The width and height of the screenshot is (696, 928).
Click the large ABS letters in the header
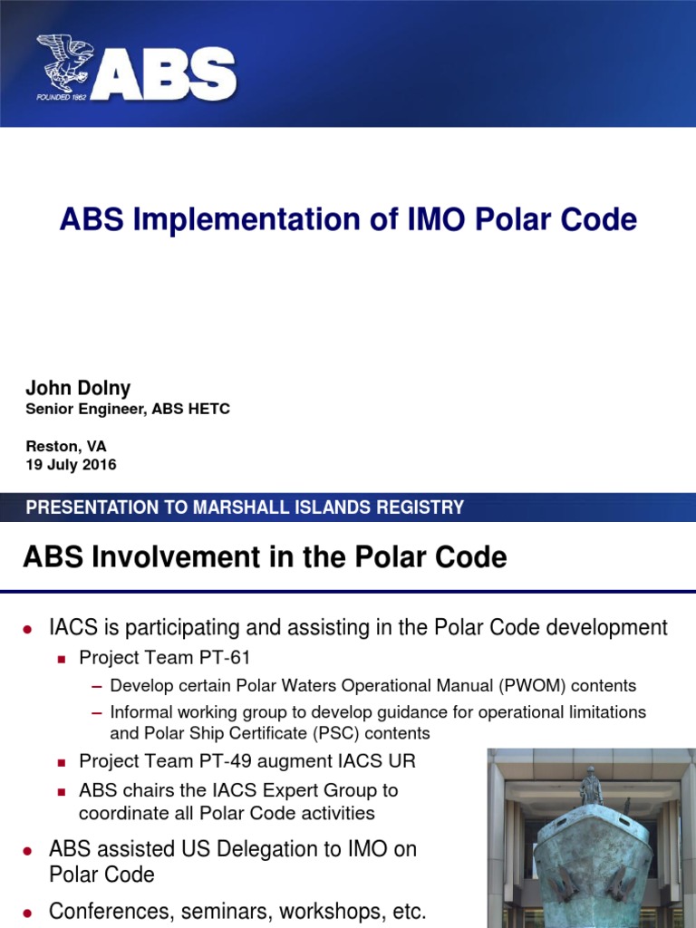[x=163, y=73]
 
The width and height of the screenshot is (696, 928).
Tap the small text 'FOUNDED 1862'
[x=62, y=97]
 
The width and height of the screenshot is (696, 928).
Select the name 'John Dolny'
[x=78, y=388]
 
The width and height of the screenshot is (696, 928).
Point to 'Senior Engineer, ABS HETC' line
[x=128, y=410]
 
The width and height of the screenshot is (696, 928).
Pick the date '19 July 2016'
[x=71, y=465]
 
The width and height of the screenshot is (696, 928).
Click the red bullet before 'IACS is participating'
[x=28, y=629]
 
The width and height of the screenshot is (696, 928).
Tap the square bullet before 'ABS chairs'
[x=63, y=791]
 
